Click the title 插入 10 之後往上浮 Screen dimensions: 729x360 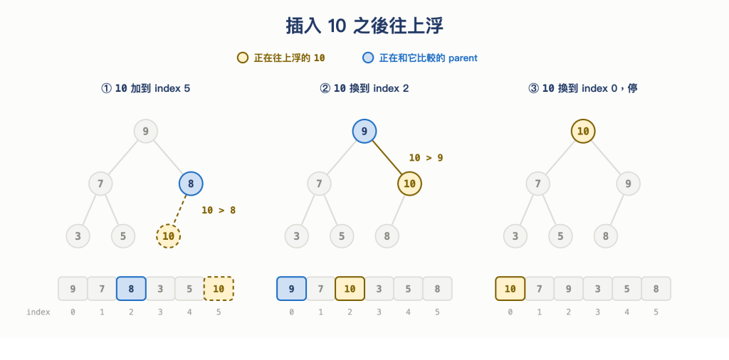[364, 26]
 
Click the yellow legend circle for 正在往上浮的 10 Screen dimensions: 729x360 [242, 58]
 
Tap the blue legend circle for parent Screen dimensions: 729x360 [368, 58]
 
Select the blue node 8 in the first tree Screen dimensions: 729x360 [191, 184]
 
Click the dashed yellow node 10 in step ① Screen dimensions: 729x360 [168, 236]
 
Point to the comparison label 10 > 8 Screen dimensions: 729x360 [219, 211]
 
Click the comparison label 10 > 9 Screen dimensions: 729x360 [426, 158]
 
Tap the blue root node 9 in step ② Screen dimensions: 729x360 [364, 131]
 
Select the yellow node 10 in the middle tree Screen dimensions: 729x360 [409, 184]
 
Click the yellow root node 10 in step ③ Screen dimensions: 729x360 [583, 131]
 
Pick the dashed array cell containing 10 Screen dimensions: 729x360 [219, 288]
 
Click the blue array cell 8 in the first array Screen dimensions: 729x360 [131, 288]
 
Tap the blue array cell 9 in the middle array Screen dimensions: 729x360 [291, 288]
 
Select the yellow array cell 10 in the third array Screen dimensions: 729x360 [510, 288]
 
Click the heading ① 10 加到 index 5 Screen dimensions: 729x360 [145, 88]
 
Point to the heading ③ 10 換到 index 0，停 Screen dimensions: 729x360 [583, 88]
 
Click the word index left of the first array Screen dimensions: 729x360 [38, 312]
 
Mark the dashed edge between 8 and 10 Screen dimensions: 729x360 [179, 210]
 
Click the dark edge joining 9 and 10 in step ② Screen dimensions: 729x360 [387, 157]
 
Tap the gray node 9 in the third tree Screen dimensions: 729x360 [628, 184]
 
